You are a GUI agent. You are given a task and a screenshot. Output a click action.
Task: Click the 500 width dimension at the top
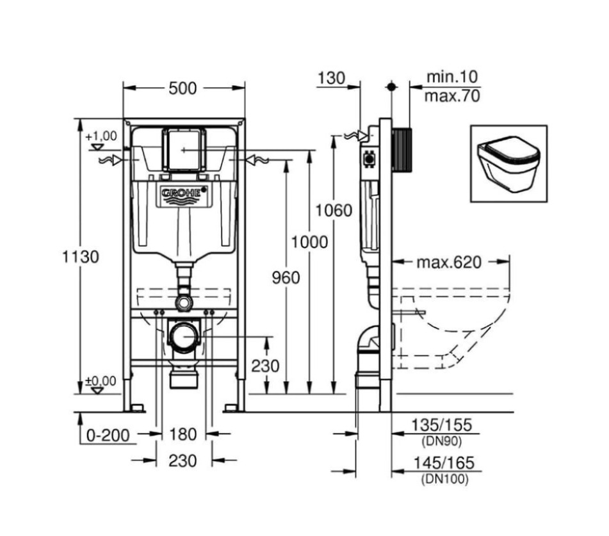click(183, 89)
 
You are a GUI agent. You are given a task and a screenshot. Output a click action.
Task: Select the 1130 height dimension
click(81, 257)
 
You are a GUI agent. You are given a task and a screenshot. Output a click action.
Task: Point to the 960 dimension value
click(286, 277)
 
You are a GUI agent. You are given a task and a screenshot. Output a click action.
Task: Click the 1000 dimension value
click(309, 242)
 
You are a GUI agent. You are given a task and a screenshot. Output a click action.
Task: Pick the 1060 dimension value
click(334, 210)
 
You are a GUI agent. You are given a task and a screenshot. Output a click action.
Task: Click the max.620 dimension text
click(448, 263)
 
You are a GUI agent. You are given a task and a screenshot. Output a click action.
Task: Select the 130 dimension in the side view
click(330, 78)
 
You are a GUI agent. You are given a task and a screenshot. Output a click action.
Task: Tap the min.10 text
click(453, 77)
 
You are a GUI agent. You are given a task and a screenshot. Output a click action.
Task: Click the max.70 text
click(453, 97)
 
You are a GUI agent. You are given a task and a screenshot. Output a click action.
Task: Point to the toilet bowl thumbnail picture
click(508, 163)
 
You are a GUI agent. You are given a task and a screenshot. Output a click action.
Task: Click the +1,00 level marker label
click(101, 136)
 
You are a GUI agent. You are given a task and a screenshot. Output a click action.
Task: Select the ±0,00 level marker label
click(101, 381)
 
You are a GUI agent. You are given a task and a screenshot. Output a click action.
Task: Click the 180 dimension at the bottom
click(183, 435)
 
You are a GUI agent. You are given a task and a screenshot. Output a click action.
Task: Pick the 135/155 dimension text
click(441, 425)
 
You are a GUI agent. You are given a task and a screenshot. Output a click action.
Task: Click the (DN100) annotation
click(444, 479)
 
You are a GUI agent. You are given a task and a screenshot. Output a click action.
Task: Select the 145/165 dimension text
click(441, 463)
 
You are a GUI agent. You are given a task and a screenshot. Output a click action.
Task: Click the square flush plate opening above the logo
click(184, 149)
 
